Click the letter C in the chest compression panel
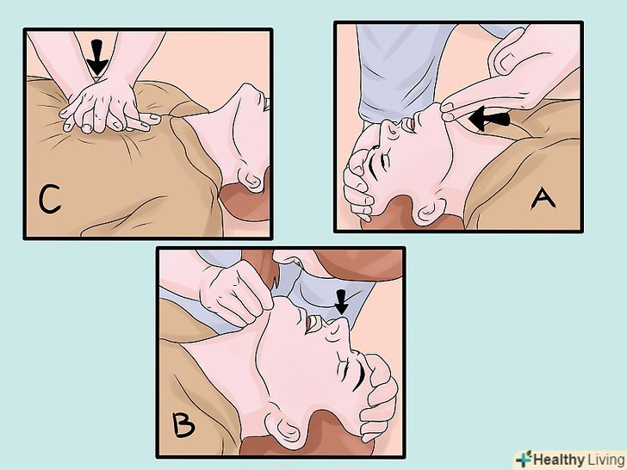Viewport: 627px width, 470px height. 49,199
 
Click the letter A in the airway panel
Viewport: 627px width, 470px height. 543,199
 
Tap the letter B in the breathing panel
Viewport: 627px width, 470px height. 183,425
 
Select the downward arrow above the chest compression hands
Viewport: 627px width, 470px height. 96,57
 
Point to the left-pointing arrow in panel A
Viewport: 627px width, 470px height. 488,119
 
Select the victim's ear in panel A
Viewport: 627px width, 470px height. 431,211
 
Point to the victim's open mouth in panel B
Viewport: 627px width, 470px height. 313,323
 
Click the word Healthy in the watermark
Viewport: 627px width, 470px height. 559,460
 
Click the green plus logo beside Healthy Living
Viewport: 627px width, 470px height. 524,459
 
